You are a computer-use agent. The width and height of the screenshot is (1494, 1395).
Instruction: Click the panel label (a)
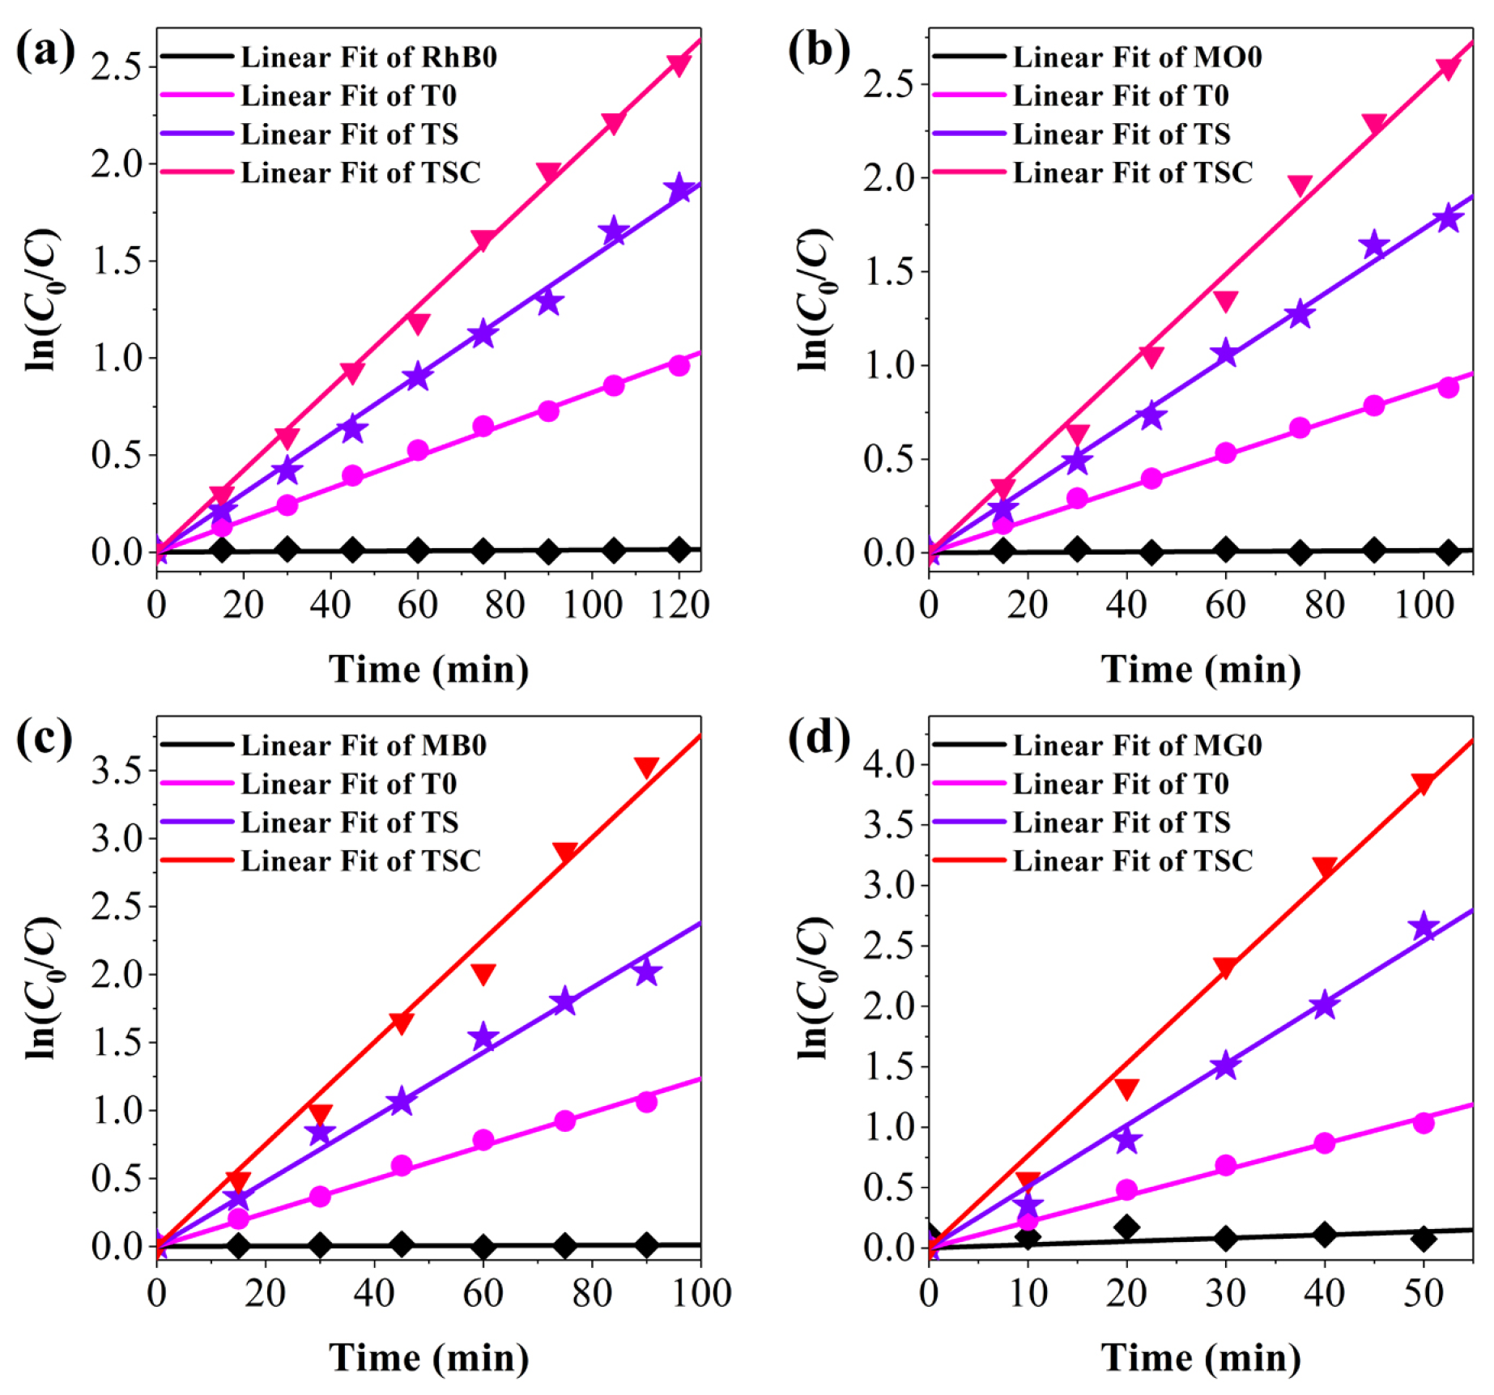45,50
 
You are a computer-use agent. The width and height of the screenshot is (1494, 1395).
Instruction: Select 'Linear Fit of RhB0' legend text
368,57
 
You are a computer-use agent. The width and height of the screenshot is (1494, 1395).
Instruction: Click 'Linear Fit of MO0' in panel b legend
1137,57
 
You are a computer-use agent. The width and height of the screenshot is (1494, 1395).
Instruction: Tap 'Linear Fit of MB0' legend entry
364,746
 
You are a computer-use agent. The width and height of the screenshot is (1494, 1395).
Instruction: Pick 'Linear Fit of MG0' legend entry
1137,746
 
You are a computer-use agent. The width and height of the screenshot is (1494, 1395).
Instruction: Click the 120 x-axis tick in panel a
679,605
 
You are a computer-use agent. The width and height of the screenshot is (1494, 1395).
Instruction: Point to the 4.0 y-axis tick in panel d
889,764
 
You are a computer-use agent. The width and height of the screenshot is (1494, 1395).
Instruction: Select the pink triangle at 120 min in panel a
679,64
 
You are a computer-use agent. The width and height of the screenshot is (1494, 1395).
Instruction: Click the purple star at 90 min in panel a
549,302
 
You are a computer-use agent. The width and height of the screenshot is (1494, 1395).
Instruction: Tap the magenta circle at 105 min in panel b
1449,388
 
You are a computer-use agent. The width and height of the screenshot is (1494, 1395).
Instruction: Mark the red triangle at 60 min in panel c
483,973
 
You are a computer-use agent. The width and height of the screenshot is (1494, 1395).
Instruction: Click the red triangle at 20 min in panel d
1126,1088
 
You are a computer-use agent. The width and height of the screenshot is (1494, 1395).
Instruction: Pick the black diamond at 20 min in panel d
1126,1228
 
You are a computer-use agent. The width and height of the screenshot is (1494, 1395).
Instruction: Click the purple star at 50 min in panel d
1424,928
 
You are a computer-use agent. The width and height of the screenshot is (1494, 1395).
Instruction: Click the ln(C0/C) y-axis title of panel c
40,988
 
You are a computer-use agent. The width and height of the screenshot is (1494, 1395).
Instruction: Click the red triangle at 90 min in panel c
646,767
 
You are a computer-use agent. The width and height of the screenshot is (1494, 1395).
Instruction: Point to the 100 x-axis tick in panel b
1424,605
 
